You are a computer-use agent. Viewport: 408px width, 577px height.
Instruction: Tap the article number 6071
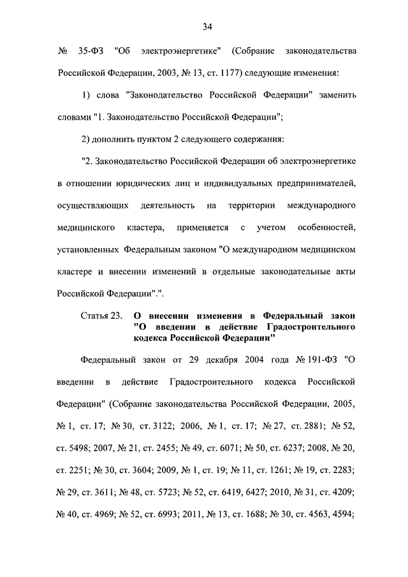[217, 449]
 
